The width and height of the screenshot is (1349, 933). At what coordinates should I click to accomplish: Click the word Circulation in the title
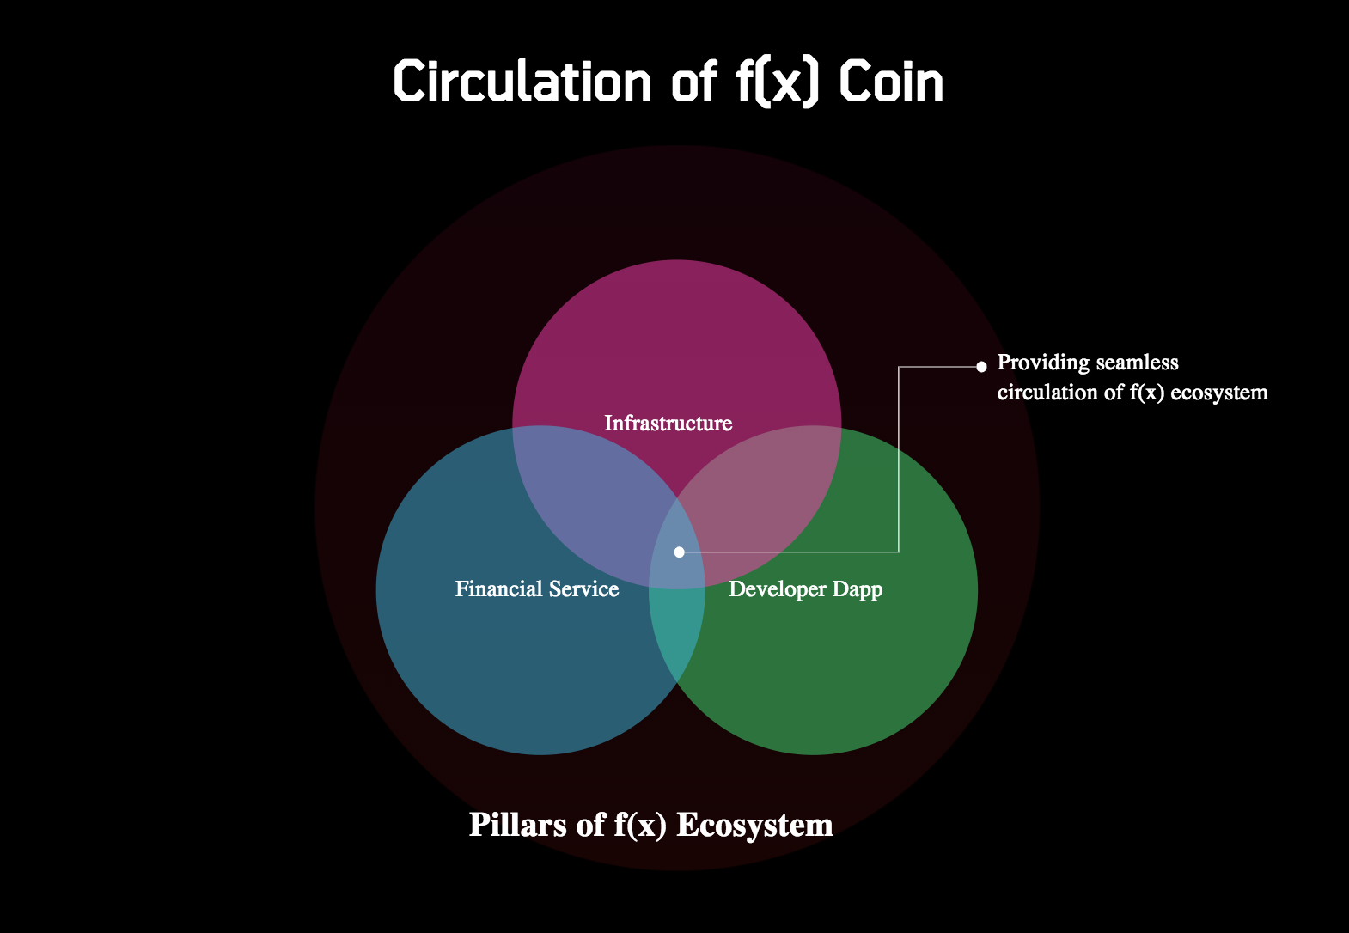click(522, 82)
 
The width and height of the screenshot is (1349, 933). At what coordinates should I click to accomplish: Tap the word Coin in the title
click(891, 82)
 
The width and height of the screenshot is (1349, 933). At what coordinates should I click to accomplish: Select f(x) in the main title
click(777, 83)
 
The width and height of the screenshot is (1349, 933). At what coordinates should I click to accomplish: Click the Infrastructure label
click(668, 423)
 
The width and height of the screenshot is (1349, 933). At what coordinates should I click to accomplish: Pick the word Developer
click(778, 589)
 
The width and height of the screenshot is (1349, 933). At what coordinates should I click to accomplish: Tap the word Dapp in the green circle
click(858, 589)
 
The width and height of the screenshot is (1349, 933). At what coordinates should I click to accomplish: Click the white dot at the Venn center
click(680, 552)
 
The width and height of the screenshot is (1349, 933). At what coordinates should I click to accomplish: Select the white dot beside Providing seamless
click(981, 366)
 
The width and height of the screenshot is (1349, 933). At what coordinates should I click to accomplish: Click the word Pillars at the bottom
click(517, 824)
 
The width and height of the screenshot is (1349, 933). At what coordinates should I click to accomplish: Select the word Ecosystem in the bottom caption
click(754, 826)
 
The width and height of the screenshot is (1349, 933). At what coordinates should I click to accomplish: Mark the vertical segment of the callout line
click(899, 459)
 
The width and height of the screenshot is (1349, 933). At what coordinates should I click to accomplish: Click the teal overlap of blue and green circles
click(676, 632)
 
